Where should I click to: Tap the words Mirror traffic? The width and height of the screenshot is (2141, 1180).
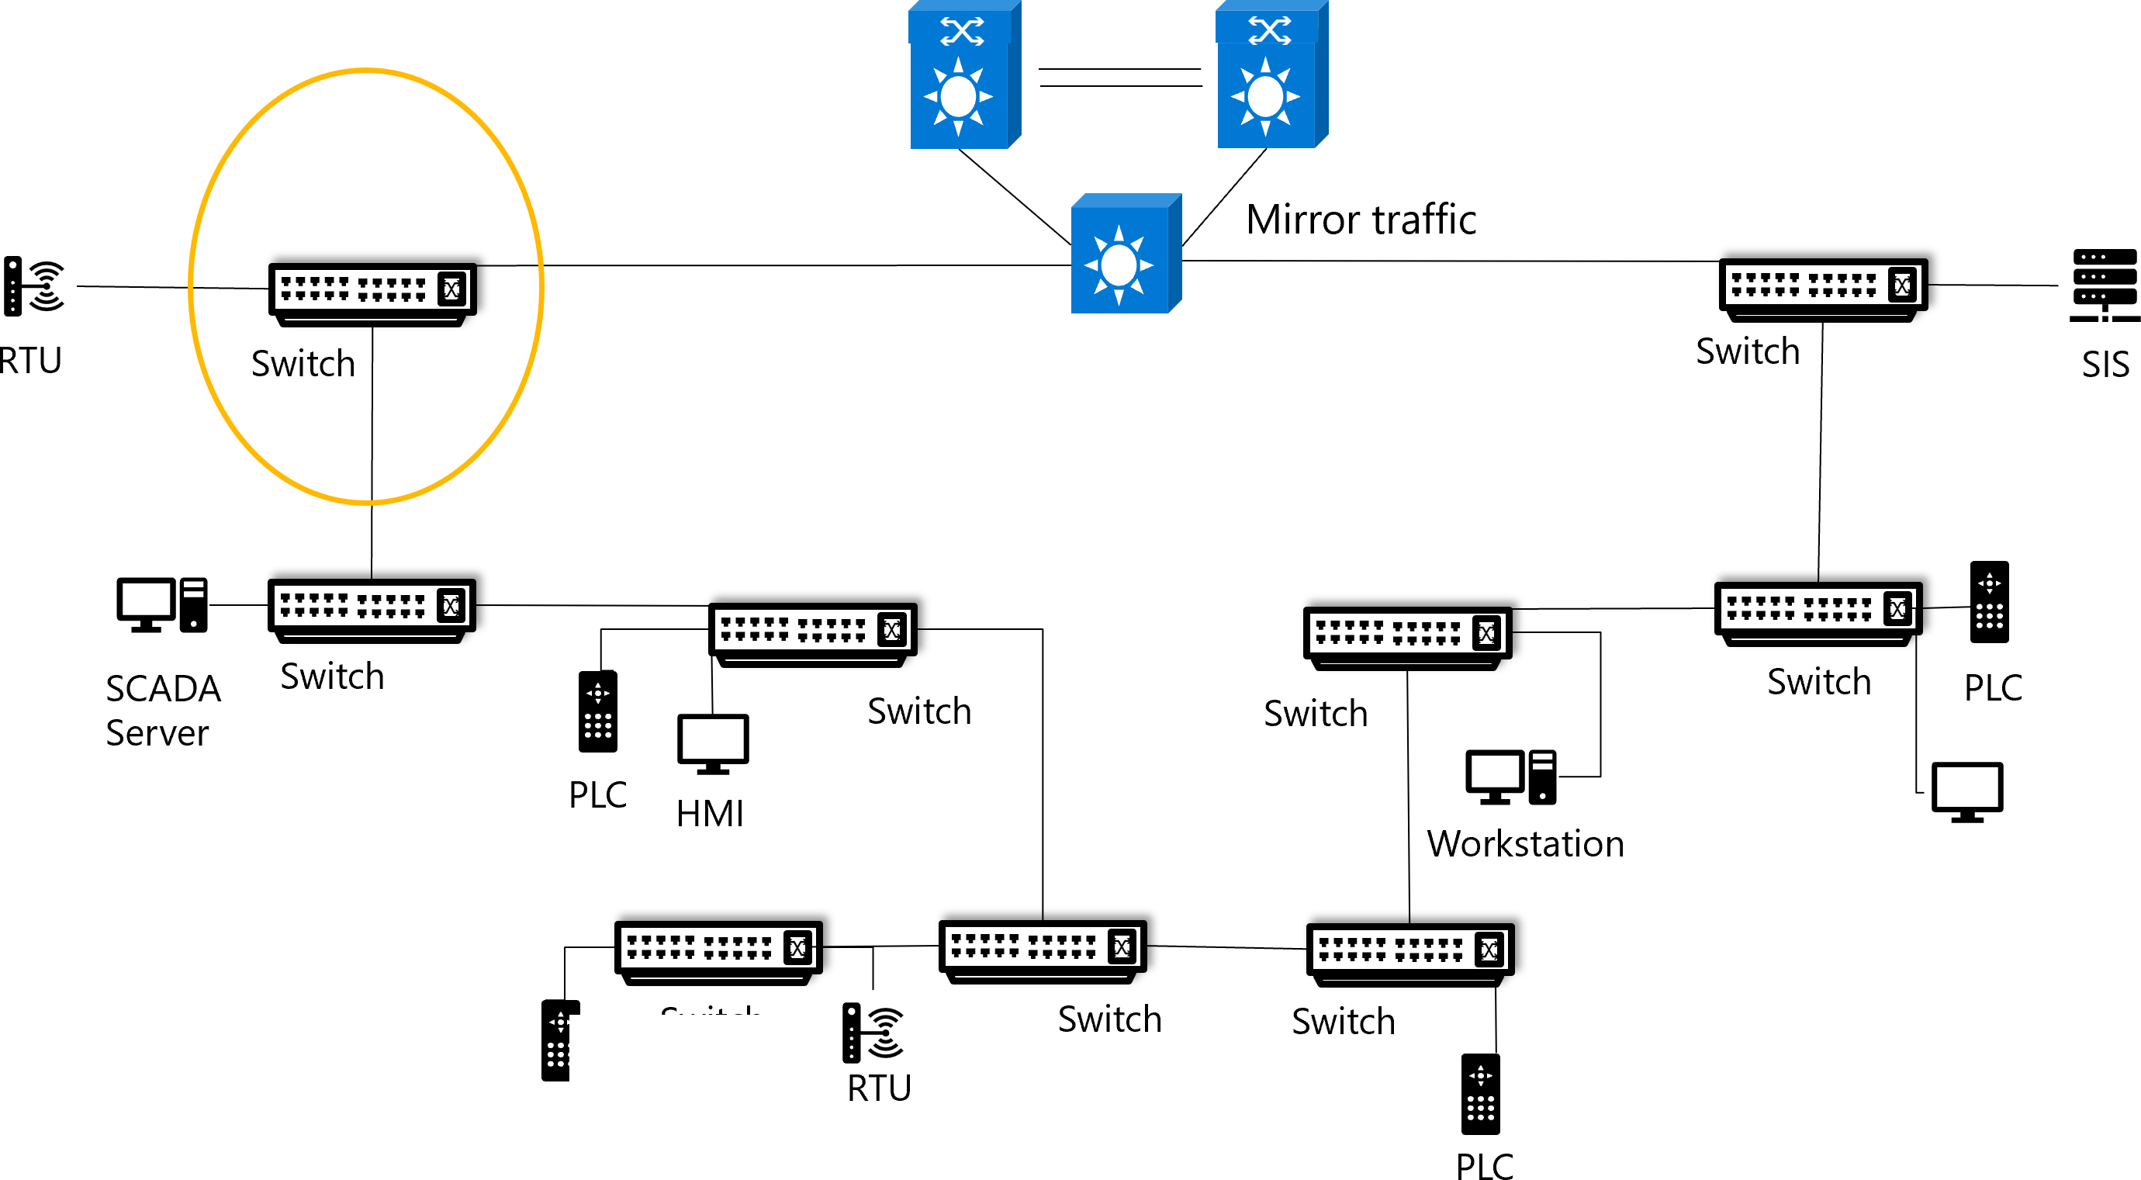coord(1361,220)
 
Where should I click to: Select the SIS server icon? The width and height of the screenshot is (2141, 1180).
coord(2105,285)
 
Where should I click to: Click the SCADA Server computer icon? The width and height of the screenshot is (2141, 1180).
coord(162,605)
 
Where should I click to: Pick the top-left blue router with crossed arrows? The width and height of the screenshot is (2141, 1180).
coord(964,77)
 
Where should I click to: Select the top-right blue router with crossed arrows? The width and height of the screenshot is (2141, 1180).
coord(1271,77)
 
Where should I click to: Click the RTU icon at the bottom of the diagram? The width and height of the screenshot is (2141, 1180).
coord(872,1033)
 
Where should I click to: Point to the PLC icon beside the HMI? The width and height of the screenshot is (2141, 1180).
coord(597,711)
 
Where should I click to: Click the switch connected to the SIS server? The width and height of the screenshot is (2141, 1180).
coord(1823,289)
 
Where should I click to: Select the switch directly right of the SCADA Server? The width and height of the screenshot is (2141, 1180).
coord(372,609)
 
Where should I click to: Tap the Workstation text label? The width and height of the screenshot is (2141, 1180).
coord(1525,844)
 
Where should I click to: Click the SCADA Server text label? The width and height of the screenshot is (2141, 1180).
coord(163,711)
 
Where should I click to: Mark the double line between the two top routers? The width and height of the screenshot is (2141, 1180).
coord(1119,78)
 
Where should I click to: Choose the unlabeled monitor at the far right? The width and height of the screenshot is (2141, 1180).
coord(1967,791)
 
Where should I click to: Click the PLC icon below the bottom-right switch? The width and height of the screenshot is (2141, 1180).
coord(1480,1095)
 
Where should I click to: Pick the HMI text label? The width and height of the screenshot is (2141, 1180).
coord(710,814)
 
